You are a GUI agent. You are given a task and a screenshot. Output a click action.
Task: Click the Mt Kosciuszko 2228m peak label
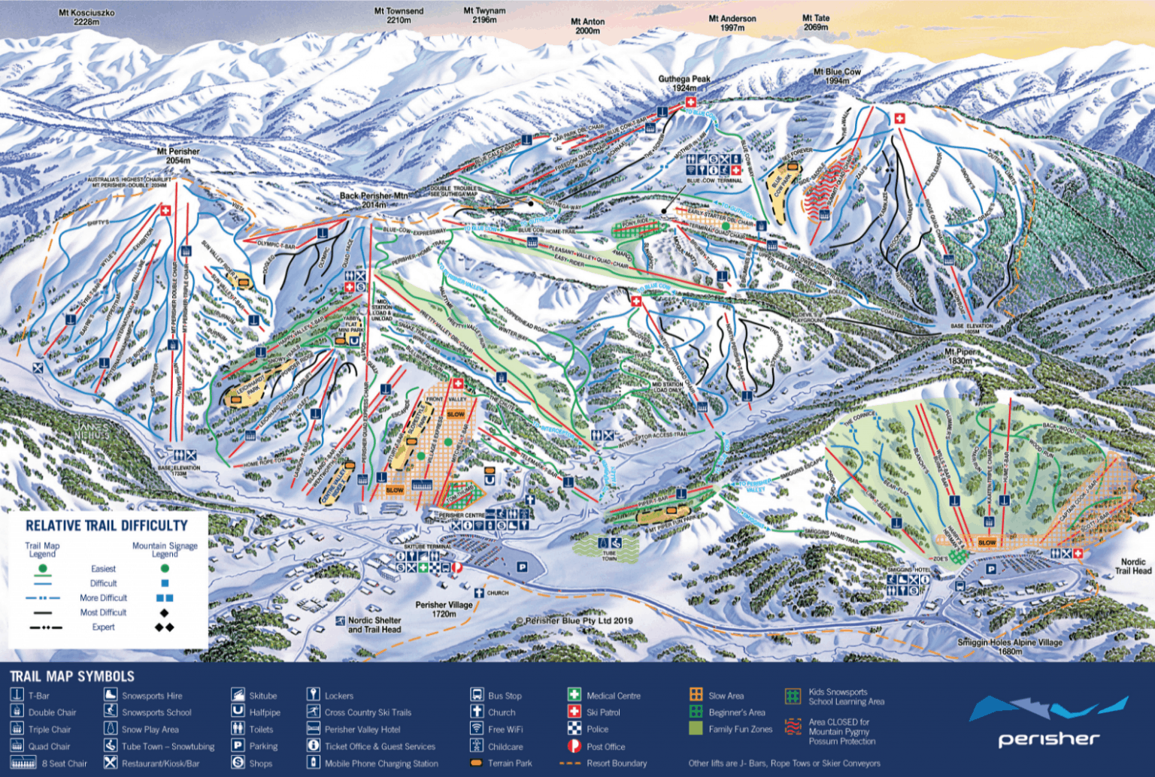[86, 17]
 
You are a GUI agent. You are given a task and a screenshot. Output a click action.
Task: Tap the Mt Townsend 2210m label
[399, 16]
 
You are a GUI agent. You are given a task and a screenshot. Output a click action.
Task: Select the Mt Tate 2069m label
[815, 23]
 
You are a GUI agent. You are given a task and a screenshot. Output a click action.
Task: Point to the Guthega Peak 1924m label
[684, 83]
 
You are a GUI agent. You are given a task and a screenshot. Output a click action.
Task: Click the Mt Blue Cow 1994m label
[837, 76]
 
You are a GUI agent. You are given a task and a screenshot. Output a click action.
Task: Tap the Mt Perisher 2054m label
[178, 156]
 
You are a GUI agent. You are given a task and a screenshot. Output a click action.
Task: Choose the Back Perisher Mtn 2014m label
[374, 200]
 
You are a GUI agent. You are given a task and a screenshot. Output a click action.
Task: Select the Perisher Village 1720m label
[444, 609]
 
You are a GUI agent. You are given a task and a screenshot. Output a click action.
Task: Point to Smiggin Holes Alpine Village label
[1010, 646]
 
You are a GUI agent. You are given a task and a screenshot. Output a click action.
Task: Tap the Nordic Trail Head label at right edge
[1132, 566]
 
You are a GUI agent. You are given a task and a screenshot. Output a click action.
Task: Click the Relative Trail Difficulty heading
[107, 525]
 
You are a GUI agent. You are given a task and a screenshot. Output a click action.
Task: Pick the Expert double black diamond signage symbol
[164, 627]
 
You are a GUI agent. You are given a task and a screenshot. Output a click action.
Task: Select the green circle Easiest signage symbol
[165, 568]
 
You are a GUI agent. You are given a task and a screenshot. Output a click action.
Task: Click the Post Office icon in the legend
[574, 746]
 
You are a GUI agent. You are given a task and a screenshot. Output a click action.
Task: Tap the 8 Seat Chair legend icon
[23, 763]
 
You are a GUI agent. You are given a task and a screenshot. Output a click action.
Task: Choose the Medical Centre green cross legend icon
[574, 695]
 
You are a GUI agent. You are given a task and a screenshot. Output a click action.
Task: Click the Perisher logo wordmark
[1048, 739]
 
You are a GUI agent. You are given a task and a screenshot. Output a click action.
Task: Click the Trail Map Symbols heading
[72, 676]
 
